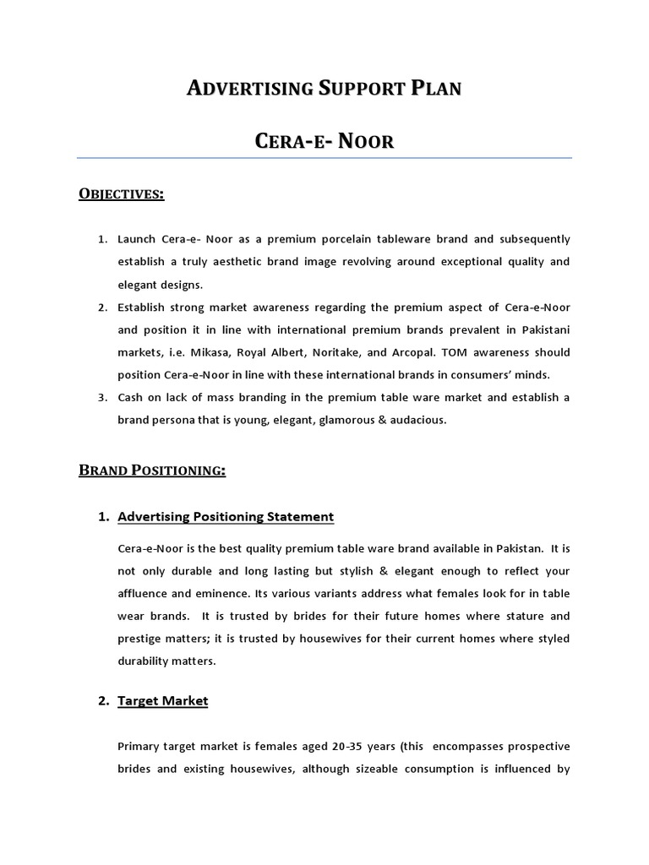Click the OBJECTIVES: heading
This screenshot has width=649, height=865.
tap(121, 195)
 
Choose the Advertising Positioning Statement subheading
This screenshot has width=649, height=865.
tap(226, 516)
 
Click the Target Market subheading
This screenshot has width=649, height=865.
tap(163, 700)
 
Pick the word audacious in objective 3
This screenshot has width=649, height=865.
tap(416, 420)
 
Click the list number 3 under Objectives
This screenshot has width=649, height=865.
tap(102, 398)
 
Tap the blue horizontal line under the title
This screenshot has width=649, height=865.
tap(324, 158)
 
